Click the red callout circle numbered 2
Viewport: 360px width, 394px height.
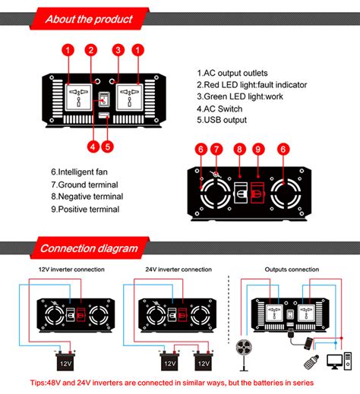coord(91,50)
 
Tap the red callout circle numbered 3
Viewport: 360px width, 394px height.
coord(118,50)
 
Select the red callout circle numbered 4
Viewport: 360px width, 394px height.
coord(93,147)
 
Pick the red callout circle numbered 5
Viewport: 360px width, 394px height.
coord(108,147)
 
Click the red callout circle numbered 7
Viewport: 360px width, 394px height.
coord(216,149)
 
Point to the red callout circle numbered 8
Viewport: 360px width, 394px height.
coord(239,149)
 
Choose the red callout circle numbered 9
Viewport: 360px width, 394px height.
coord(258,149)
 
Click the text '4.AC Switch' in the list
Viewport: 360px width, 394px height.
coord(219,109)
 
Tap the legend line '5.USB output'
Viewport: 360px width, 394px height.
coord(222,120)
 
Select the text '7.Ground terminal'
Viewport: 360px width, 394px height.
coord(84,184)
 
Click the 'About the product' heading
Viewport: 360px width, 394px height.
coord(89,19)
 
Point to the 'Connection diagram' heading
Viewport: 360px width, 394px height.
coord(89,248)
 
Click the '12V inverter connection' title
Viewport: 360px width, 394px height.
coord(71,269)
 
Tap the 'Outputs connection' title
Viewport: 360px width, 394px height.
coord(292,269)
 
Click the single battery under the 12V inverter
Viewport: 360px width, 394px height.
coord(65,361)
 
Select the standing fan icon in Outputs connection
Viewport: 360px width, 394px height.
coord(244,355)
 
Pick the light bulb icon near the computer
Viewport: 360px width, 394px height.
coord(311,362)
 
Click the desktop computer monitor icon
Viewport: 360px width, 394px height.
coord(335,361)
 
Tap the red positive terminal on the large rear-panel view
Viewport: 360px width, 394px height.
coord(257,193)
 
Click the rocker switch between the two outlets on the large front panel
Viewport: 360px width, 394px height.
coord(104,99)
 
